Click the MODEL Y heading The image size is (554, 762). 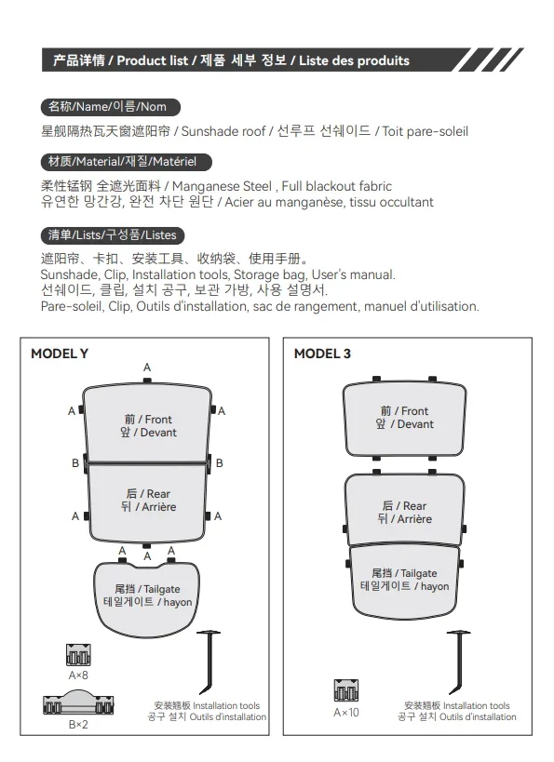(60, 354)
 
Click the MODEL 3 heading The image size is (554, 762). (322, 354)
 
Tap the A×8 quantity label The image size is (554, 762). (78, 675)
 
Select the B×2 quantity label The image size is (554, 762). (78, 725)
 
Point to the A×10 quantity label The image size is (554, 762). (345, 713)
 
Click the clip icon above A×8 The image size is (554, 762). (78, 655)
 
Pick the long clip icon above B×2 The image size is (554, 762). (78, 702)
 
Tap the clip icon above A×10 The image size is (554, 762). (345, 690)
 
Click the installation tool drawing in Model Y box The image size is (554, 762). (209, 662)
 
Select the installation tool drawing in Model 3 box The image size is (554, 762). (459, 662)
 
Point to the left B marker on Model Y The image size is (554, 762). (75, 463)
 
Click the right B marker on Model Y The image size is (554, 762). (220, 463)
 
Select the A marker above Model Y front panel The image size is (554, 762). (147, 368)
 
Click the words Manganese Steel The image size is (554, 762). (222, 186)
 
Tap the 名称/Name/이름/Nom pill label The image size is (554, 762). (111, 107)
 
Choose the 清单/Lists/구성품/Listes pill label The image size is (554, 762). (113, 235)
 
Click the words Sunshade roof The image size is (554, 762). (223, 131)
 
